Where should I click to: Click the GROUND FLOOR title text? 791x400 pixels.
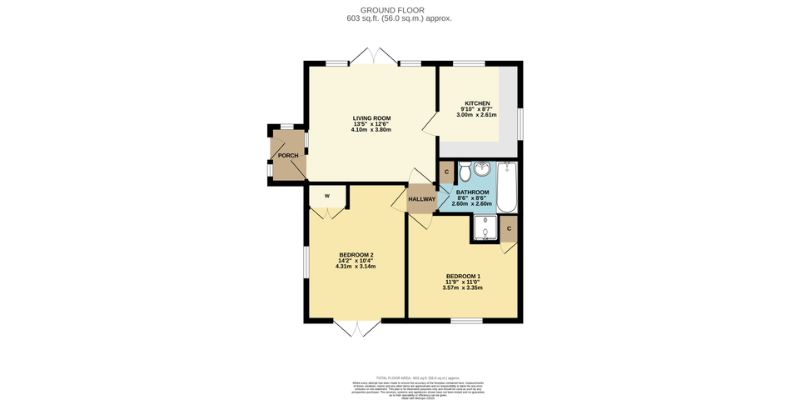395,10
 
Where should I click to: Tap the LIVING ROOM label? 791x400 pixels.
371,118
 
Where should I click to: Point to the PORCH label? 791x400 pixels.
288,156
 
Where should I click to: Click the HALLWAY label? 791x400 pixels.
421,199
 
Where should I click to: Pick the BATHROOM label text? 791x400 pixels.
471,192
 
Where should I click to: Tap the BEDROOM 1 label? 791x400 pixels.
463,276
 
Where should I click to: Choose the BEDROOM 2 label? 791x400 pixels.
356,254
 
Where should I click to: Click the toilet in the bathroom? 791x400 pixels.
464,171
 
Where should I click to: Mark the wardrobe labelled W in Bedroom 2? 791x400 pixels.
327,197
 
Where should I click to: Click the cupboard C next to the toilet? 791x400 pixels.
447,172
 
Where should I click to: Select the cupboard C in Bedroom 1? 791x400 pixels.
509,227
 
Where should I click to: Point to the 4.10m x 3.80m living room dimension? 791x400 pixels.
371,130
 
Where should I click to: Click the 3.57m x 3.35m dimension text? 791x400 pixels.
463,287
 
